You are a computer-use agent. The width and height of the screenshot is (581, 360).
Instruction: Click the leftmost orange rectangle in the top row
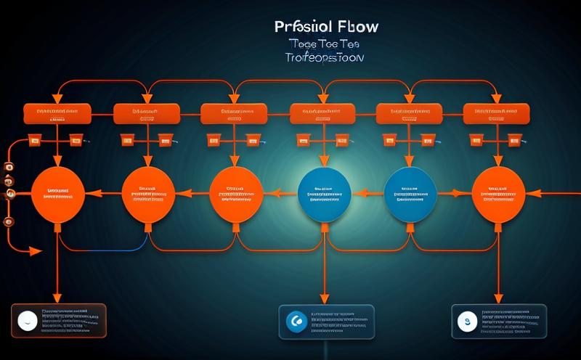click(57, 114)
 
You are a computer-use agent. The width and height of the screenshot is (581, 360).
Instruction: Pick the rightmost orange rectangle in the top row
click(497, 114)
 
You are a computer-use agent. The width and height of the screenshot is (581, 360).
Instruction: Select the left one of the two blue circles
click(325, 194)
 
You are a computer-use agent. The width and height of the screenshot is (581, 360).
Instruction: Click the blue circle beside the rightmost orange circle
click(411, 194)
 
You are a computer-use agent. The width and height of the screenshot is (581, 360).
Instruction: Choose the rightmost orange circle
click(497, 194)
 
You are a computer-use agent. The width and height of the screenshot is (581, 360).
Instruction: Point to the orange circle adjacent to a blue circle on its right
click(236, 194)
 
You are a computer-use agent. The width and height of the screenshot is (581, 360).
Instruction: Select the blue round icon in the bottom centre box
click(294, 320)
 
